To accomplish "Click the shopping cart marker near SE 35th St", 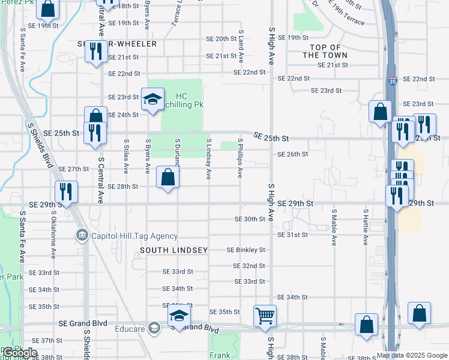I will click(265, 314).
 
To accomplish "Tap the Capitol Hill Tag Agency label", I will click(134, 236).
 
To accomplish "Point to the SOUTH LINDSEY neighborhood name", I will click(174, 250).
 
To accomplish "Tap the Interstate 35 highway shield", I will click(391, 80).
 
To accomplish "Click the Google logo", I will click(20, 353).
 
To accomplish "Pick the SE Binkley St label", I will click(246, 250).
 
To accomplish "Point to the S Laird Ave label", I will click(241, 47).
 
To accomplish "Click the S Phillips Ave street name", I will click(240, 158).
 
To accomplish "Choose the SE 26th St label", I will click(292, 154).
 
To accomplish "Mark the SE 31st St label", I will click(292, 235).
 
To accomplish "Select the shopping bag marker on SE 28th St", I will click(168, 177).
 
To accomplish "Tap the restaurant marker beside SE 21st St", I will click(95, 52).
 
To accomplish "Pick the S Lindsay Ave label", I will click(209, 159).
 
